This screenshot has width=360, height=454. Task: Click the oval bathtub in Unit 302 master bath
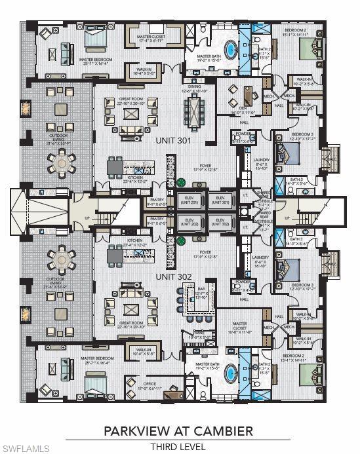pyautogui.click(x=231, y=373)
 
